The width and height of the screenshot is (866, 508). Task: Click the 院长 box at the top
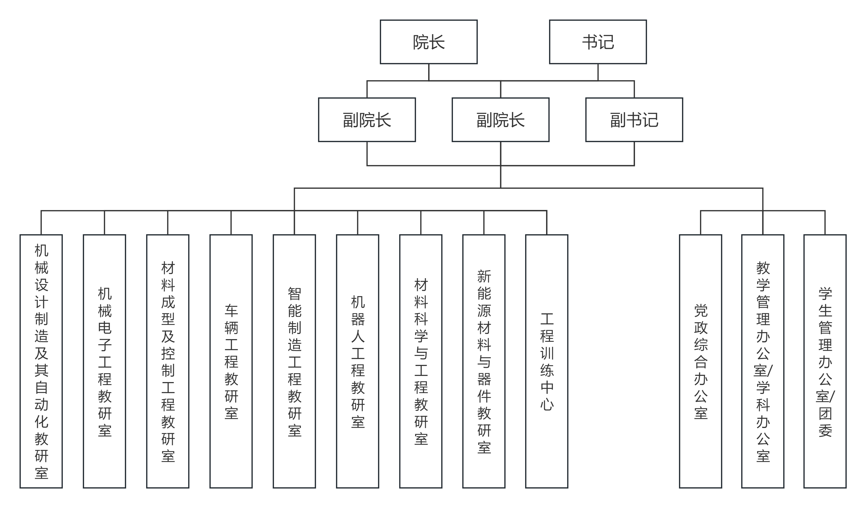[x=428, y=42]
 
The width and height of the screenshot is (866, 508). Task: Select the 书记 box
[x=598, y=42]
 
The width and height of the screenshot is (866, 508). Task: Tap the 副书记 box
[x=634, y=119]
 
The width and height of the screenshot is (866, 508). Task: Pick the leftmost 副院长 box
[x=367, y=119]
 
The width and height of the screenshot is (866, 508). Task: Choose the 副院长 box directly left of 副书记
[x=500, y=119]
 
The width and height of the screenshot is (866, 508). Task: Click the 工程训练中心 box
[x=546, y=361]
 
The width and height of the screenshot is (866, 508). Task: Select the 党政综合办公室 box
[x=700, y=361]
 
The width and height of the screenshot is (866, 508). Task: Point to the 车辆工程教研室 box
[x=231, y=361]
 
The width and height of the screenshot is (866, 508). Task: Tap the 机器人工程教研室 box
[x=358, y=361]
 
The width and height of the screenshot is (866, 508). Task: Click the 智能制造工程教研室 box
[x=294, y=361]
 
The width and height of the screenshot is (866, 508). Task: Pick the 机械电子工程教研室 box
[x=104, y=361]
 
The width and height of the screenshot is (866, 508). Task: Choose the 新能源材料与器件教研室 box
[x=484, y=361]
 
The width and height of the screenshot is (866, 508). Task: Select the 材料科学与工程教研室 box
[x=421, y=361]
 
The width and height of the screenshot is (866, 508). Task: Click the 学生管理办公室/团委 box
[x=825, y=361]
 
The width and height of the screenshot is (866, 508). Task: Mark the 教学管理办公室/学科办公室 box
[x=763, y=361]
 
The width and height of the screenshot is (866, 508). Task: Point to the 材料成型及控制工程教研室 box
[x=168, y=361]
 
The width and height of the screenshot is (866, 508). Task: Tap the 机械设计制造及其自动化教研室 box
[x=41, y=361]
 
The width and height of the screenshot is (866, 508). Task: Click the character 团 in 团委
[x=825, y=413]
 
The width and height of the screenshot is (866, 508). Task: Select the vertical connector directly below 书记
[x=598, y=72]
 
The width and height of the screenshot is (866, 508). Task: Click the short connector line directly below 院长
[x=428, y=72]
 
